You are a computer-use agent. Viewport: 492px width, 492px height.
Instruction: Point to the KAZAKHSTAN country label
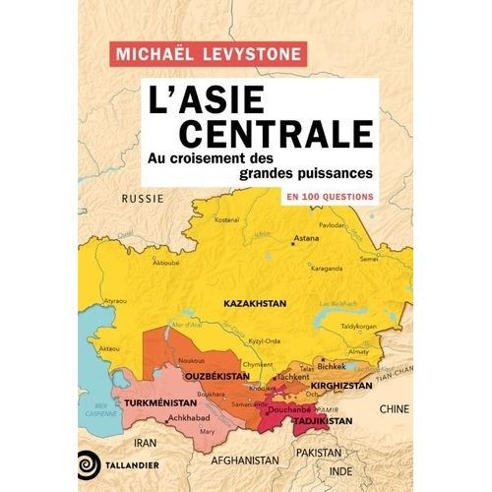[x=253, y=305]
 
